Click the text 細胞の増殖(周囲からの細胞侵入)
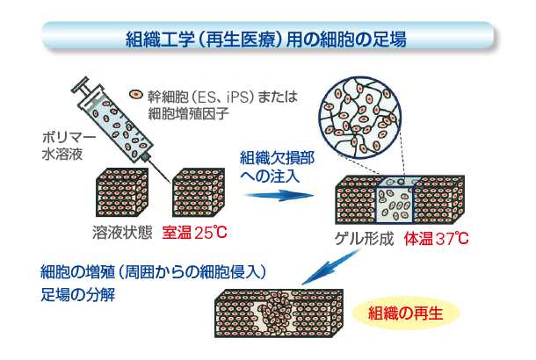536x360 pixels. click(x=154, y=269)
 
